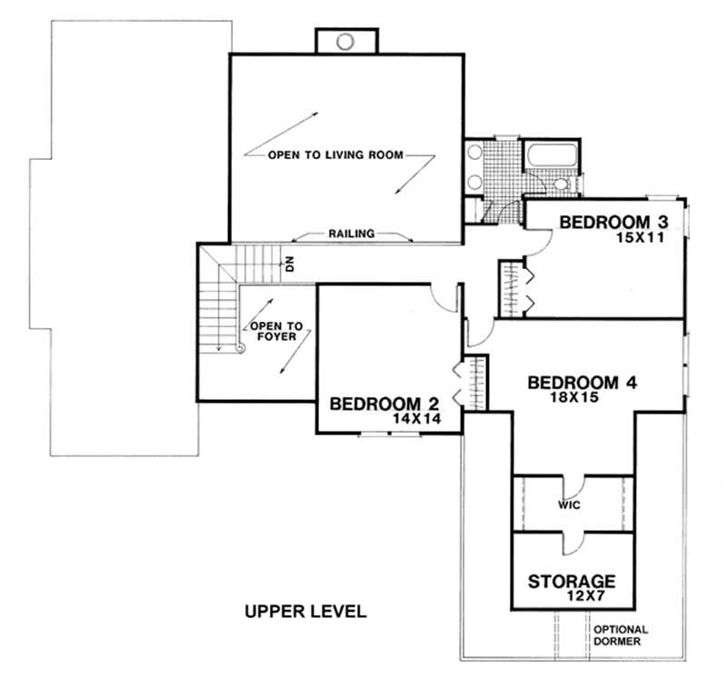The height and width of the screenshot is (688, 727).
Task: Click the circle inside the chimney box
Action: (x=344, y=41)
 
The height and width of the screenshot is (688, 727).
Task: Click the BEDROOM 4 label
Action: (x=582, y=383)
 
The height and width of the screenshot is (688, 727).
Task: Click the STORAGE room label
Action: (x=573, y=580)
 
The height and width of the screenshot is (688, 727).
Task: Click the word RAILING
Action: (x=351, y=234)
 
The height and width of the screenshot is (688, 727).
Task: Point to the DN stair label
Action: (x=290, y=265)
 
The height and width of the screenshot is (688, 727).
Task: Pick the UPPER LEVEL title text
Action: (x=305, y=612)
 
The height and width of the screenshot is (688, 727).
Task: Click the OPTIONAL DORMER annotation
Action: (x=620, y=635)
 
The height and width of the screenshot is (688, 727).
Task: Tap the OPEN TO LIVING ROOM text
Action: (x=335, y=155)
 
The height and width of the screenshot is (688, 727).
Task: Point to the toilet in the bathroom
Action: (x=561, y=185)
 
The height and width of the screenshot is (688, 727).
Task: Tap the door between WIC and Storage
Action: (x=571, y=542)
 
